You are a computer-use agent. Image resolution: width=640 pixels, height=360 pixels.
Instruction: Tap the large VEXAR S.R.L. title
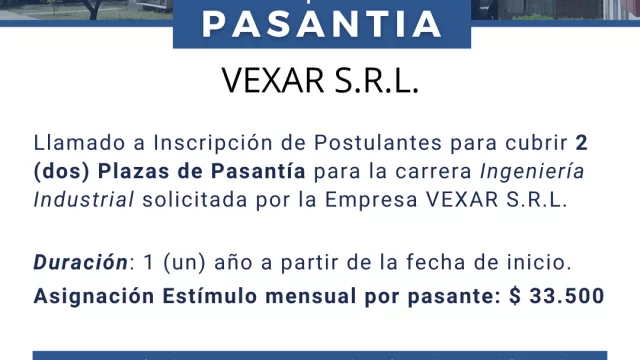(320, 83)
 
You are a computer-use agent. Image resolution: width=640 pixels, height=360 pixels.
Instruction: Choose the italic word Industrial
(83, 198)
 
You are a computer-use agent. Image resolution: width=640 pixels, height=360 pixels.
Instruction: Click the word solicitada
(189, 198)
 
